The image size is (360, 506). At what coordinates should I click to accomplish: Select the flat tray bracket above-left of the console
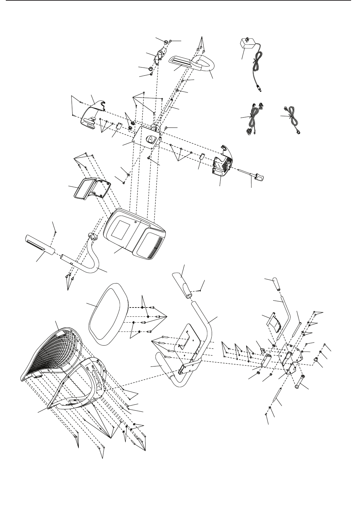coord(90,188)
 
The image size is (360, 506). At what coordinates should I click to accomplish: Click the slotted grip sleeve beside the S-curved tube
coord(39,244)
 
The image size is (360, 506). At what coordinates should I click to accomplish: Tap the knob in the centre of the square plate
coord(151,139)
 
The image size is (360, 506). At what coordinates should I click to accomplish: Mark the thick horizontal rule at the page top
coord(180,1)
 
